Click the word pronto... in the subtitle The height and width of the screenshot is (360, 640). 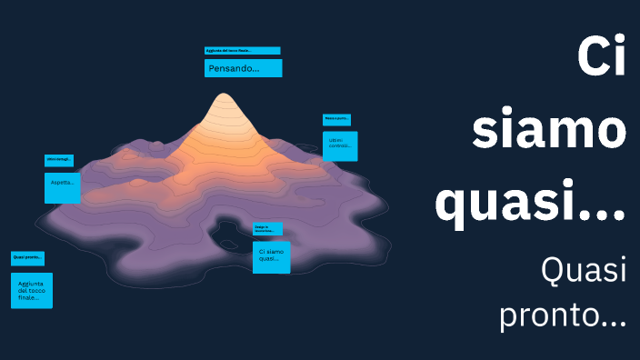point(563,315)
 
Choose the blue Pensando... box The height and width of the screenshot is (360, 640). point(243,68)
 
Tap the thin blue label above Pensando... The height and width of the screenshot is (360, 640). point(242,51)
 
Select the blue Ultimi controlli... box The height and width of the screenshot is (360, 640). point(340,145)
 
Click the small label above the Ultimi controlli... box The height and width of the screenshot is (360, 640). point(336,119)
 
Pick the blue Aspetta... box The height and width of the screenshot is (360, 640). point(63,187)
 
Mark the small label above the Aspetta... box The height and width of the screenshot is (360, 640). point(59,161)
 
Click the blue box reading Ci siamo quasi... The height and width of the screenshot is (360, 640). point(272,257)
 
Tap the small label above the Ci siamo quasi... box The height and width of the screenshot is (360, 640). point(267,229)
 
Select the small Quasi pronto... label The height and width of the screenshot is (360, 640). point(27,258)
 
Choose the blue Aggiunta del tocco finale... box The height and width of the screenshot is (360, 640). point(32,291)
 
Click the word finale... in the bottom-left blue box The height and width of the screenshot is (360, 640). point(28,298)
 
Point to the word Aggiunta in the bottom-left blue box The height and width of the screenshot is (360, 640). point(31,284)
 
